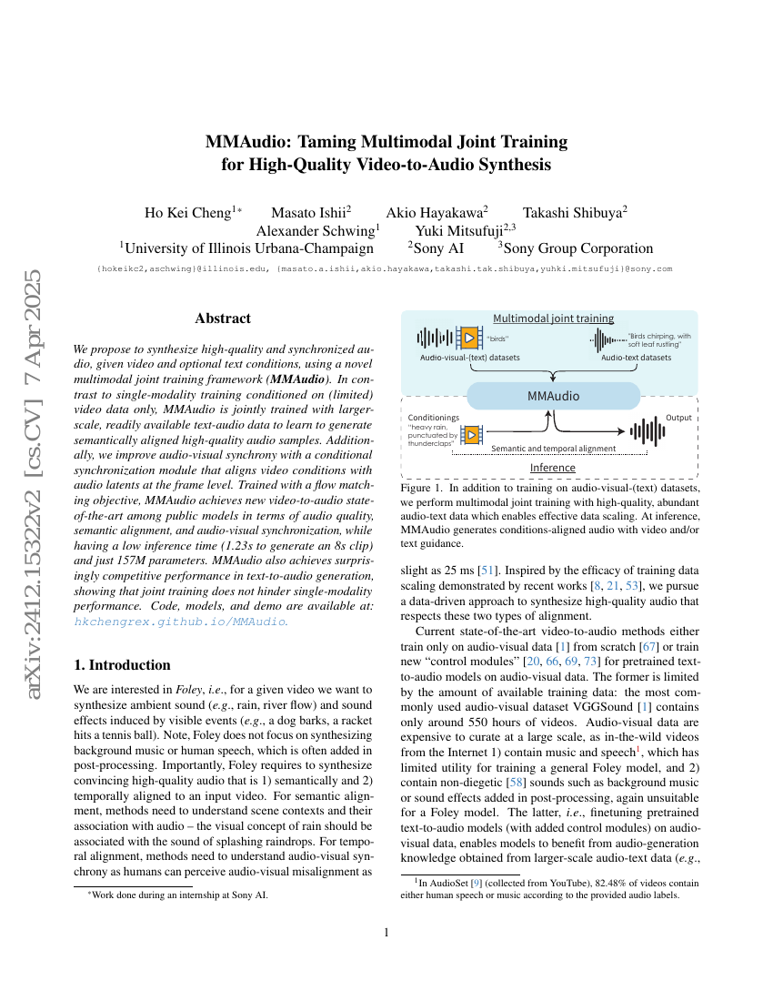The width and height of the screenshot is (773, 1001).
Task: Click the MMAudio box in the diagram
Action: point(553,397)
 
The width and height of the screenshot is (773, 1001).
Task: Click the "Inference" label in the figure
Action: point(553,468)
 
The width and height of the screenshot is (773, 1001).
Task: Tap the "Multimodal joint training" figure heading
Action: point(553,318)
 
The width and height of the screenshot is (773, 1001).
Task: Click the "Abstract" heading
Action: point(223,318)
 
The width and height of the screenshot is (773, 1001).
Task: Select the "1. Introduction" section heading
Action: point(122,664)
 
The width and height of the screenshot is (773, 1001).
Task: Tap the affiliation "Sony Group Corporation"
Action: point(578,248)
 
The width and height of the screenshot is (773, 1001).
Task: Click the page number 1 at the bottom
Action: point(386,932)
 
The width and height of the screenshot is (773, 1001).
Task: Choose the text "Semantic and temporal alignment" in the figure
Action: point(553,449)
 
